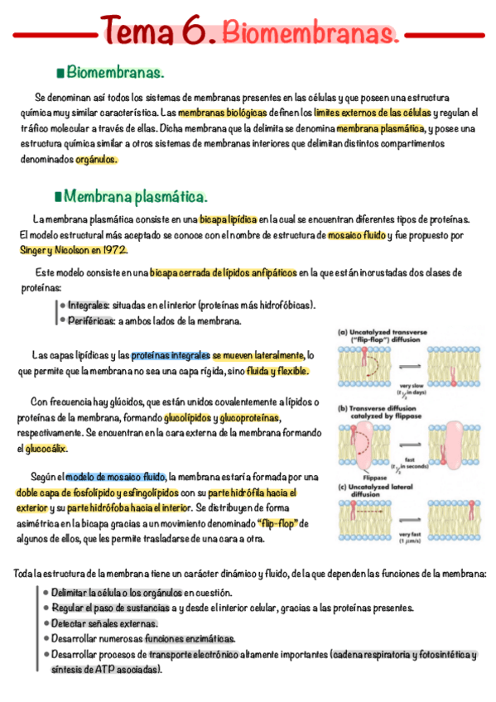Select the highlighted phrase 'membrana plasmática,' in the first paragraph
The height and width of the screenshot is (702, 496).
(x=380, y=129)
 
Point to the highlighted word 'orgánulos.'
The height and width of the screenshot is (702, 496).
(x=97, y=160)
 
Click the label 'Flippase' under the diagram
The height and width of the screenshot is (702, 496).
(x=367, y=477)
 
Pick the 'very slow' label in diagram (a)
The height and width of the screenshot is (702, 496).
(x=412, y=385)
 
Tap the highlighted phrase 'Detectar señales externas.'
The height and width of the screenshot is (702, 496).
(x=104, y=623)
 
